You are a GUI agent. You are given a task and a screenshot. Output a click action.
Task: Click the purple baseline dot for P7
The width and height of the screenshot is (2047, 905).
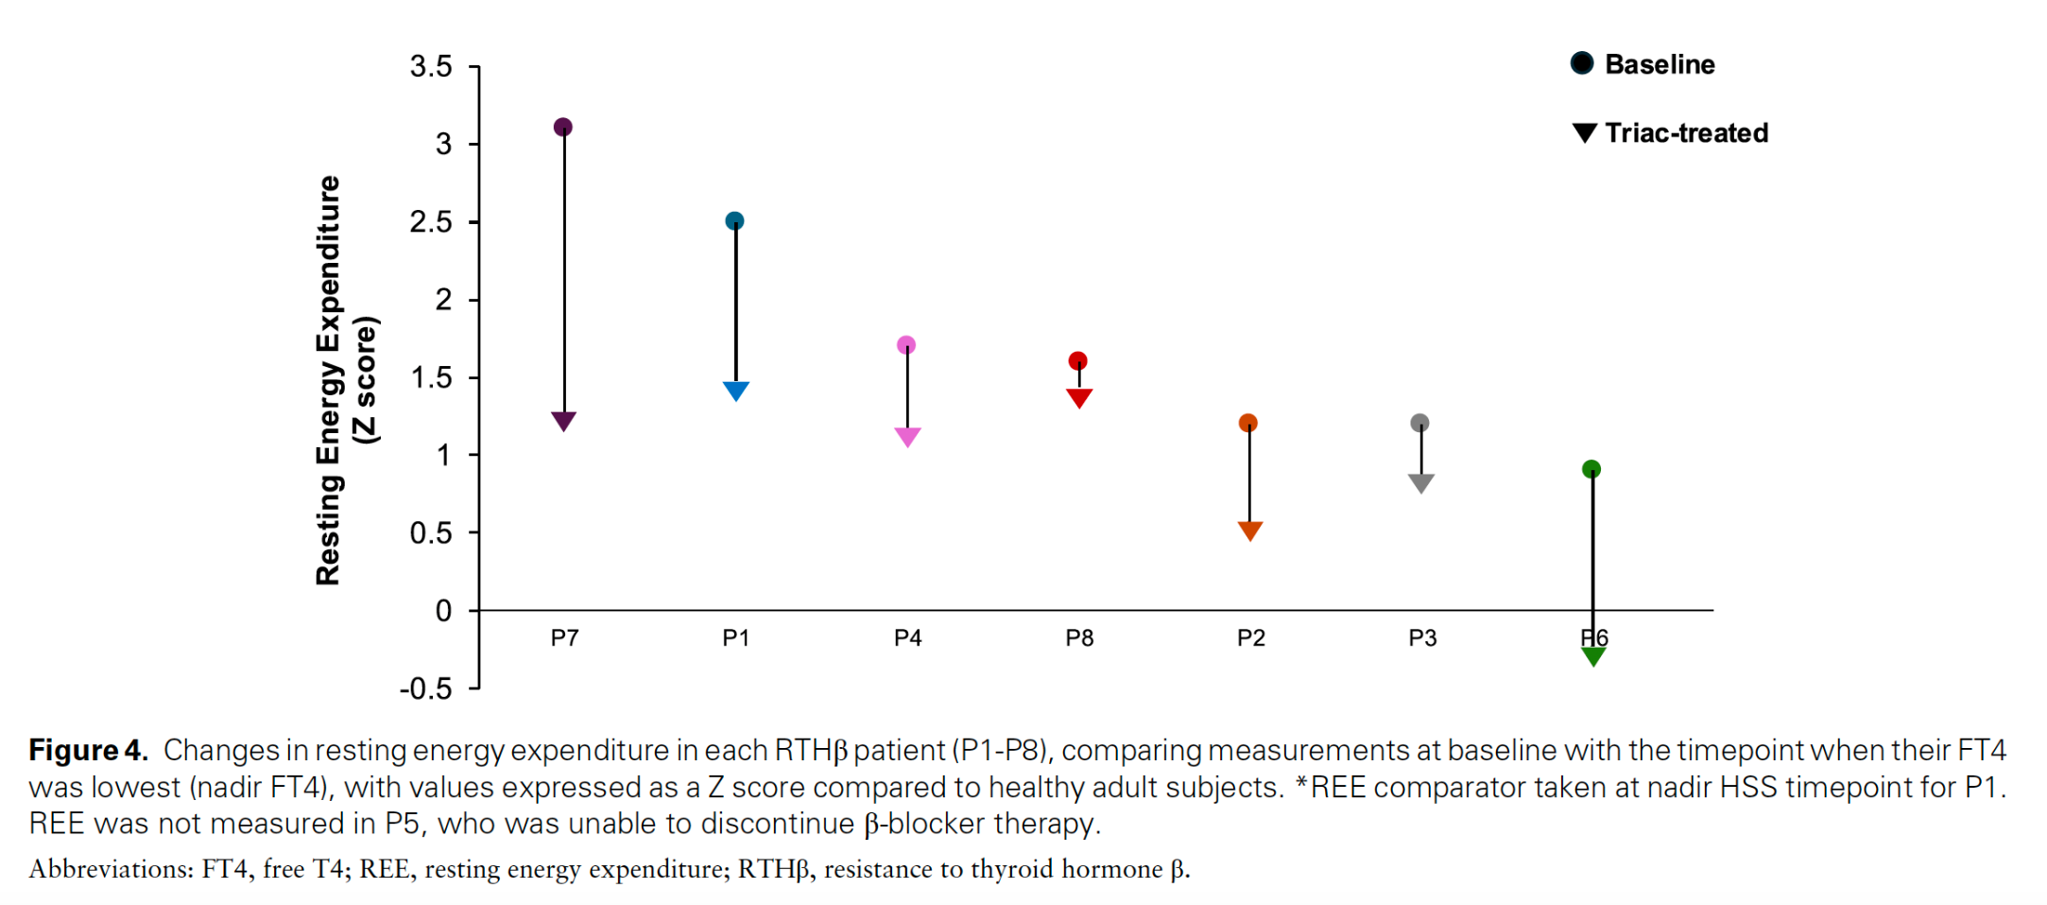[x=562, y=127]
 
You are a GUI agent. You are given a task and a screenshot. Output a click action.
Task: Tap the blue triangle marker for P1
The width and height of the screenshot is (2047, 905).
[x=736, y=390]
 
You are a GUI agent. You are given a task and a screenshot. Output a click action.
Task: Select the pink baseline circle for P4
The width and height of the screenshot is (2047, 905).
[x=905, y=345]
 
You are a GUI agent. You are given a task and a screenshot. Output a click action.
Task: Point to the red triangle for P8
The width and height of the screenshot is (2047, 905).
[x=1079, y=397]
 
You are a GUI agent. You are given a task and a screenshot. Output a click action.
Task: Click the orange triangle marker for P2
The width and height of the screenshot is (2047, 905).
[x=1249, y=530]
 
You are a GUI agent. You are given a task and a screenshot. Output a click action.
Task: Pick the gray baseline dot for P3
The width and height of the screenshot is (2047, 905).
[x=1419, y=423]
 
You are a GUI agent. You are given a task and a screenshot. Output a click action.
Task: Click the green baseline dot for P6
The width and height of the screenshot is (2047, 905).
[x=1591, y=469]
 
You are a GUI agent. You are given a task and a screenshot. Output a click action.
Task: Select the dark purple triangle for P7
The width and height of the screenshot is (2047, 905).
[x=563, y=420]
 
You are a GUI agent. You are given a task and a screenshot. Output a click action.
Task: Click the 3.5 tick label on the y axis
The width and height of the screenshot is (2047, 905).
[x=431, y=66]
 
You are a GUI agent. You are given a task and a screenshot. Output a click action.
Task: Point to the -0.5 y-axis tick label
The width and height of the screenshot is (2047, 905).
[x=425, y=688]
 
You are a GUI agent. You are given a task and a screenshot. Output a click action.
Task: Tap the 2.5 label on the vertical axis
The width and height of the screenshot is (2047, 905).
[x=431, y=222]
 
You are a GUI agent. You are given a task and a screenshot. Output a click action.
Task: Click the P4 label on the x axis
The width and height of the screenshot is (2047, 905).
[x=907, y=638]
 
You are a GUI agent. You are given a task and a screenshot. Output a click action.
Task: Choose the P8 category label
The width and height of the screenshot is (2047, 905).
[x=1079, y=638]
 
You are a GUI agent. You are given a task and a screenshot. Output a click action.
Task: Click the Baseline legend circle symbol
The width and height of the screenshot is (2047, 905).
[x=1582, y=63]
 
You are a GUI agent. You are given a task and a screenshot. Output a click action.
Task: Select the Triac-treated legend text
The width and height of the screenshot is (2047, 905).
[x=1686, y=132]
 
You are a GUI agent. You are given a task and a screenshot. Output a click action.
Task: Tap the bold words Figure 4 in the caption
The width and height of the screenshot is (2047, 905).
[x=88, y=750]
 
